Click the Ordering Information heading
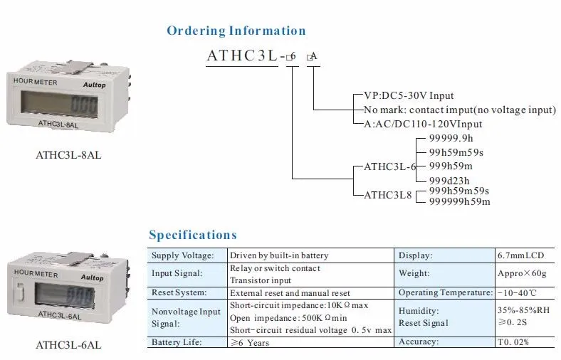coord(236,31)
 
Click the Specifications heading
coord(192,235)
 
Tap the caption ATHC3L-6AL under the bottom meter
coord(68,345)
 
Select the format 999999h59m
coord(459,201)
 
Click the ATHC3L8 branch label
coord(388,194)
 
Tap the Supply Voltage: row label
coord(183,255)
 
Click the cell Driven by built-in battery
coord(278,255)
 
